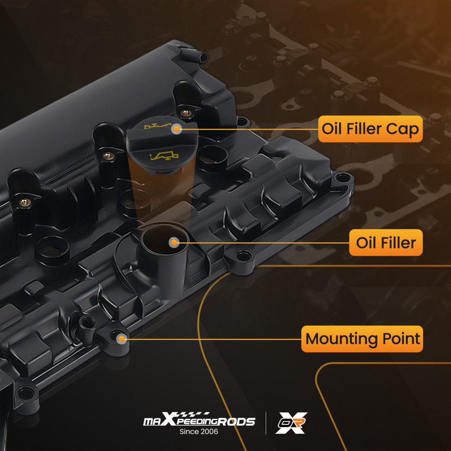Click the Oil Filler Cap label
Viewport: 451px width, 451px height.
(x=370, y=129)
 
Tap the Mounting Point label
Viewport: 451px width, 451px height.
(x=362, y=339)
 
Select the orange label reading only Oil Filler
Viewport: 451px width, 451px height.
(x=386, y=243)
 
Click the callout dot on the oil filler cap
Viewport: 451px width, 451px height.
(x=177, y=129)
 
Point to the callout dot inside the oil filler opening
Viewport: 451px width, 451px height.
(x=174, y=243)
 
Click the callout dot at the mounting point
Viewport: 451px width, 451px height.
(x=121, y=339)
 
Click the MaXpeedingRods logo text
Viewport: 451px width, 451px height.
(x=199, y=419)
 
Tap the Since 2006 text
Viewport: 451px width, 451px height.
(x=199, y=432)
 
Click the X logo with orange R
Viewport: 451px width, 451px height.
(x=291, y=423)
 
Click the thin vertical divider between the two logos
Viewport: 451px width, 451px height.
(x=266, y=423)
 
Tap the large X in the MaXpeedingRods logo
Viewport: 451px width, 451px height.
(x=169, y=419)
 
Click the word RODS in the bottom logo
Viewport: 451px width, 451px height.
(x=236, y=422)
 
